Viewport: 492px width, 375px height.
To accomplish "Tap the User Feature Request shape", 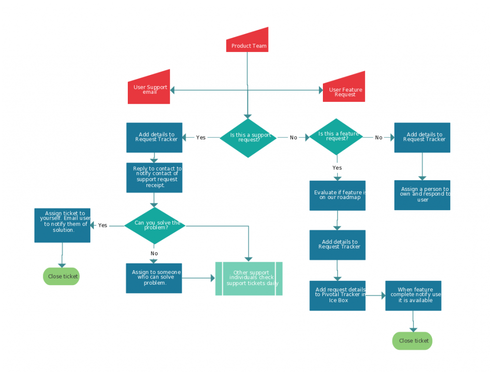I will [344, 89].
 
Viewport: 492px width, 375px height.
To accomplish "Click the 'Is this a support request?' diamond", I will [248, 138].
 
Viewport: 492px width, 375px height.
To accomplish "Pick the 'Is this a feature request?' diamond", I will [336, 137].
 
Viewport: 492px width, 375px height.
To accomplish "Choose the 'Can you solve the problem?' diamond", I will [155, 225].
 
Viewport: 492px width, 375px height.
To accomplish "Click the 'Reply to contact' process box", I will [154, 177].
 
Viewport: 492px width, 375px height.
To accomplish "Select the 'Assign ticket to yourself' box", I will [62, 225].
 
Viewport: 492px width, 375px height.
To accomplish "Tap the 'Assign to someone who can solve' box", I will [154, 277].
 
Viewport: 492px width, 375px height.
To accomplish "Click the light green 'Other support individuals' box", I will [249, 278].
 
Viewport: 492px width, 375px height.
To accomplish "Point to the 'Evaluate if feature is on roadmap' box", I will [337, 195].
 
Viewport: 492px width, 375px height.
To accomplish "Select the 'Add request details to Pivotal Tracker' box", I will [337, 295].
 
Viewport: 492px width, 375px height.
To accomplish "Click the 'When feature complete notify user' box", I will [413, 295].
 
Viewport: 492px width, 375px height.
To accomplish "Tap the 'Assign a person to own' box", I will [422, 195].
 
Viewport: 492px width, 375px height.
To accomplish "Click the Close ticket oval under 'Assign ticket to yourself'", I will [61, 276].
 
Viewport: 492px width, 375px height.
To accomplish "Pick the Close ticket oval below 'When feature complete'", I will [412, 341].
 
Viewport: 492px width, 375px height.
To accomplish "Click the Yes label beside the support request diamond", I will [201, 138].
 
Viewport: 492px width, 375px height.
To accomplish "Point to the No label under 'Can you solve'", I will [154, 253].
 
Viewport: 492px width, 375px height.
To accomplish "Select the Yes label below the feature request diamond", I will [337, 168].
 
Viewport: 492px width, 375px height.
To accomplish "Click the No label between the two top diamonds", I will [294, 138].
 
